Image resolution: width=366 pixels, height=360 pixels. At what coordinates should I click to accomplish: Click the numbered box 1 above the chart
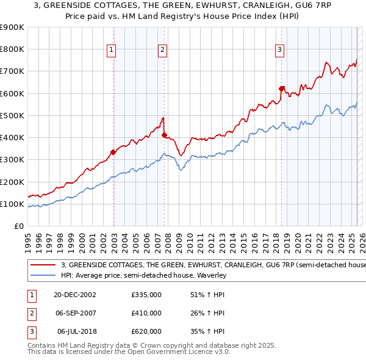click(x=113, y=51)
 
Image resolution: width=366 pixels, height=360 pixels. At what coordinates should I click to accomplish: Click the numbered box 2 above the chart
click(x=163, y=51)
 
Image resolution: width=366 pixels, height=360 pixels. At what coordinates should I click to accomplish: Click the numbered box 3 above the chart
click(x=279, y=51)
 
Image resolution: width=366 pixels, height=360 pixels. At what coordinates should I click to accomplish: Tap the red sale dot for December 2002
click(x=113, y=152)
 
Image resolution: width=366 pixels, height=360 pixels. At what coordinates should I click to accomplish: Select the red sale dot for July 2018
click(x=282, y=89)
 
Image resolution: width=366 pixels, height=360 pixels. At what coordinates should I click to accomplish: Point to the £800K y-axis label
click(x=12, y=49)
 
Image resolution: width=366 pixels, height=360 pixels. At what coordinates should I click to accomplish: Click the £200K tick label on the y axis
click(x=12, y=182)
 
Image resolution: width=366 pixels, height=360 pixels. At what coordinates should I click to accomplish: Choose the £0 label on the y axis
click(x=18, y=226)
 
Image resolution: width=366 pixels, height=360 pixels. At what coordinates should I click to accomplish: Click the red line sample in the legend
click(x=43, y=265)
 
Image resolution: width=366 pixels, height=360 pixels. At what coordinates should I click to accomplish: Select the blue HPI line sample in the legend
click(x=43, y=275)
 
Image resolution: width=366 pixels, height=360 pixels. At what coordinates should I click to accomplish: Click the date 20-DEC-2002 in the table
click(x=75, y=295)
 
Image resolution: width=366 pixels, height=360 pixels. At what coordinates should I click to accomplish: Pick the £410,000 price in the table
click(x=146, y=313)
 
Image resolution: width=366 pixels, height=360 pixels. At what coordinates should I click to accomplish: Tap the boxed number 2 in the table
click(x=30, y=313)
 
